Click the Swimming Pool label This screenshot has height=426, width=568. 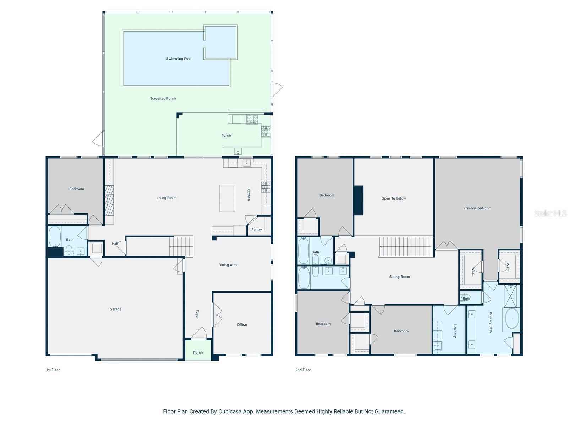[179, 59]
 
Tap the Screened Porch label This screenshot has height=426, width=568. [163, 99]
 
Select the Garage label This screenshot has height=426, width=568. [115, 309]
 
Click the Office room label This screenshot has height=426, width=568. [242, 324]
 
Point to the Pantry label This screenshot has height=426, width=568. [257, 230]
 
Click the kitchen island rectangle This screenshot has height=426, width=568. [227, 198]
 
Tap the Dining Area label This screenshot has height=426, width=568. [228, 265]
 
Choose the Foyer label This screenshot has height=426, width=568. [197, 314]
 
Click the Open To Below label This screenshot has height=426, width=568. [393, 198]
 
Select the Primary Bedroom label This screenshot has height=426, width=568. [477, 208]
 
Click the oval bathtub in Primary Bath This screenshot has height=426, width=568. [512, 318]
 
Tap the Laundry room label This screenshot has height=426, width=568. [455, 331]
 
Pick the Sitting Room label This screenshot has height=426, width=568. [399, 277]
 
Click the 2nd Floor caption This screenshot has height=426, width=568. [303, 370]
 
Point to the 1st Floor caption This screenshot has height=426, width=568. [53, 370]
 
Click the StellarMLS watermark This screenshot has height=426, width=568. [550, 213]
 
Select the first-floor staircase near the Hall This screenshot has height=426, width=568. [181, 246]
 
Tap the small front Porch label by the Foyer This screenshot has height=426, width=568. [198, 353]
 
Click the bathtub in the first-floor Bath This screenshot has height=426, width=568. [54, 237]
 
